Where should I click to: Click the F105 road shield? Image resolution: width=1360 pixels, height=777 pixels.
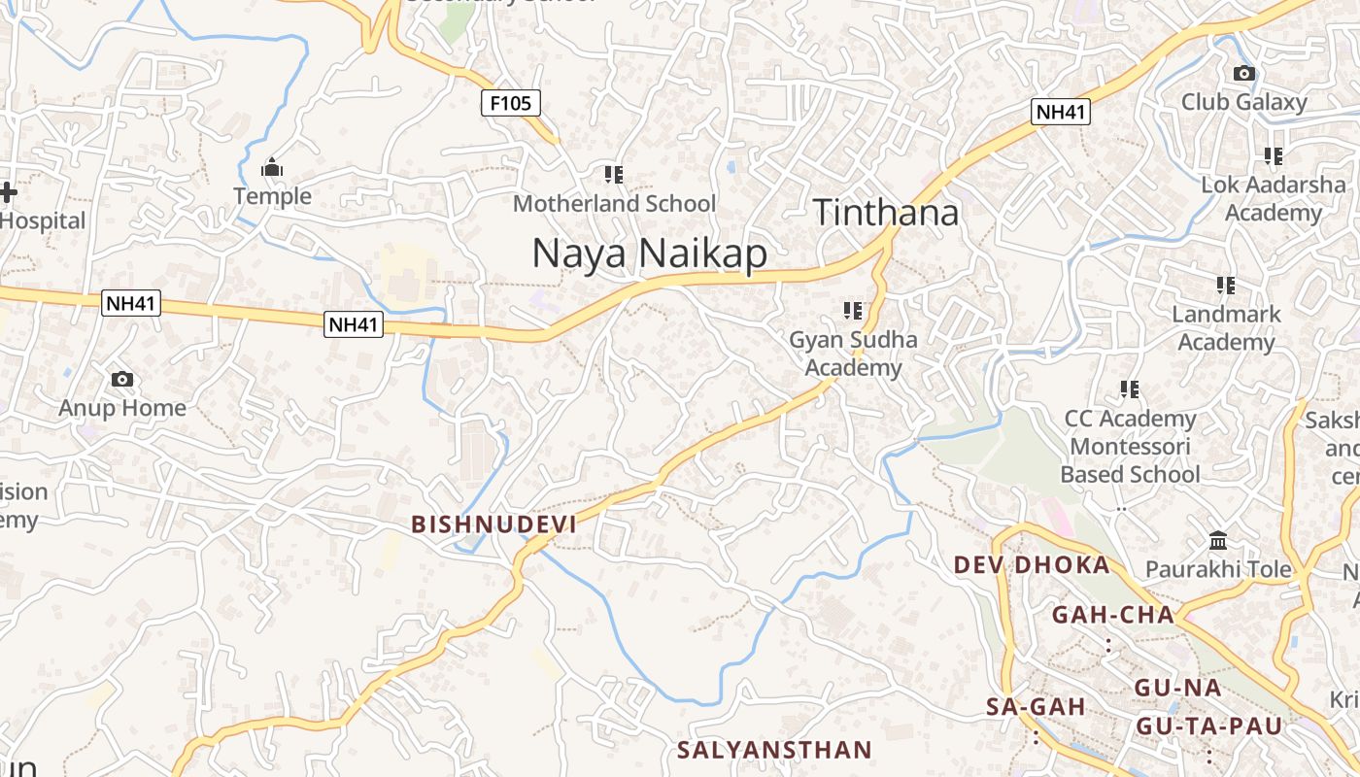click(511, 103)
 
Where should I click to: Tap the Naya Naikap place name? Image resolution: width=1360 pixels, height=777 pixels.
click(649, 253)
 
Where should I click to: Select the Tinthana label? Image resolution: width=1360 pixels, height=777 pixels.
click(886, 213)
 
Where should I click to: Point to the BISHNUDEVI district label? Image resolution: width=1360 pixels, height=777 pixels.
click(493, 524)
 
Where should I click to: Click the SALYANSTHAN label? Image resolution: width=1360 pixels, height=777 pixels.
click(774, 750)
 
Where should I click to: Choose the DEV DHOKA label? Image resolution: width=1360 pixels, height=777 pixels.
click(1032, 565)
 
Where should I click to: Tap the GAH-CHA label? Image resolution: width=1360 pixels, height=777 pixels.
click(1113, 615)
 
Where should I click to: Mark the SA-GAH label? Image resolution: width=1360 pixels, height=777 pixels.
click(1036, 707)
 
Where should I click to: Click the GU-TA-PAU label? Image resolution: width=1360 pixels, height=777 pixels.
click(1209, 726)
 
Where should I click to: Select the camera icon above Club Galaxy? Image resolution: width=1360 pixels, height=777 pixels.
click(1243, 74)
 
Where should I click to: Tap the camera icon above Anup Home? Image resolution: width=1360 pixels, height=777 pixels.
click(122, 380)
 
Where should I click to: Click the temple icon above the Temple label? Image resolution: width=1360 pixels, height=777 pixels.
click(272, 169)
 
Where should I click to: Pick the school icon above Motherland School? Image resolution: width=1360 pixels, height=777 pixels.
click(614, 175)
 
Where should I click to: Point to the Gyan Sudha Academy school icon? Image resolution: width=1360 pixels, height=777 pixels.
click(853, 311)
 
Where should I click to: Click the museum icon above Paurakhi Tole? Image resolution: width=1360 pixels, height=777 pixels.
click(1218, 540)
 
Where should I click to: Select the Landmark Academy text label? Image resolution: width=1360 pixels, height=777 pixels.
click(1226, 328)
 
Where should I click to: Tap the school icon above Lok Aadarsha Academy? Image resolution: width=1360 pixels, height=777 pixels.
click(1274, 155)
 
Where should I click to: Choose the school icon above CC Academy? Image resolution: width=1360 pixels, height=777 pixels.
click(1130, 389)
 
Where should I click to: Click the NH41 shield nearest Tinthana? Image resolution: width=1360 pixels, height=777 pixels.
click(1061, 112)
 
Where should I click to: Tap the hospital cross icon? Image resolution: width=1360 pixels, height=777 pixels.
click(8, 192)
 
